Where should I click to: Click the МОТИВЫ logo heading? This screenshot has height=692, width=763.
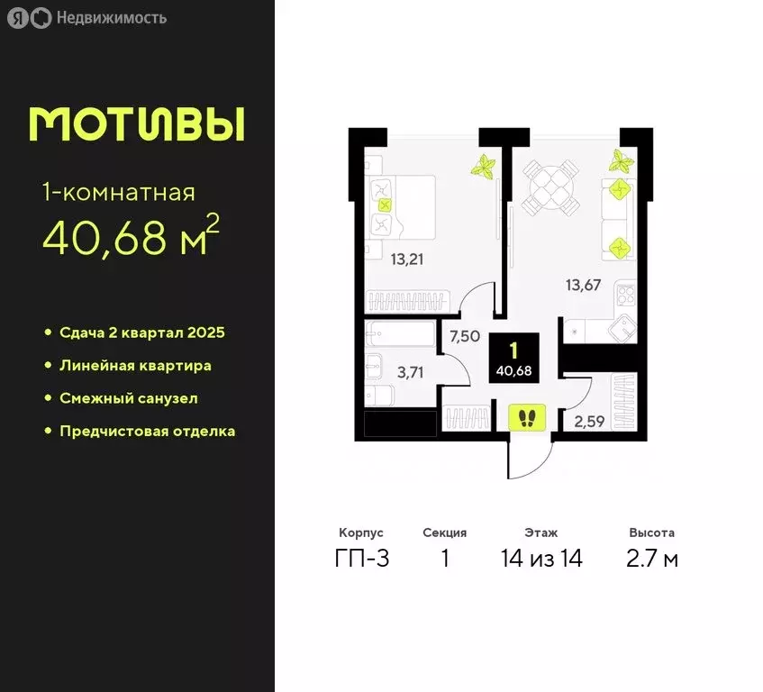click(x=136, y=124)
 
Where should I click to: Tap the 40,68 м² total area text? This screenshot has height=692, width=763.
click(x=130, y=237)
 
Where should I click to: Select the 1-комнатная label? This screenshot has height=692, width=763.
click(x=117, y=192)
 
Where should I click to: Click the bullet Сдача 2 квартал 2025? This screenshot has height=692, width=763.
click(x=141, y=332)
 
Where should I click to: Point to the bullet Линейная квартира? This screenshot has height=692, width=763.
click(x=135, y=366)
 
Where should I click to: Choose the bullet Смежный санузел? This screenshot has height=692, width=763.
click(x=128, y=398)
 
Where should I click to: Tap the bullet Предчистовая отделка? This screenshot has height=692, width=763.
click(x=147, y=431)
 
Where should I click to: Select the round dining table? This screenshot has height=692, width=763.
click(x=550, y=187)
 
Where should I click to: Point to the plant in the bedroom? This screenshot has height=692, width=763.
click(x=485, y=167)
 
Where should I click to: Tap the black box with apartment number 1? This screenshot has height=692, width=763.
click(x=513, y=358)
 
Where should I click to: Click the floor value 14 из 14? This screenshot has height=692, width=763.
click(x=541, y=559)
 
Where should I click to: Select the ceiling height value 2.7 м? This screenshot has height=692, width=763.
click(x=652, y=559)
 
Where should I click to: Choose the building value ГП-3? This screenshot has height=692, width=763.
click(x=361, y=559)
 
